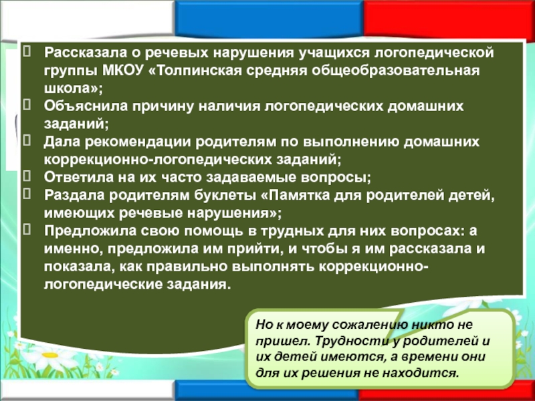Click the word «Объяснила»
click(81, 106)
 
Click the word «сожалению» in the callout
click(370, 324)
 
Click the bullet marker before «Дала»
click(27, 140)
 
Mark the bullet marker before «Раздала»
click(27, 194)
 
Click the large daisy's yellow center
click(49, 355)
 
